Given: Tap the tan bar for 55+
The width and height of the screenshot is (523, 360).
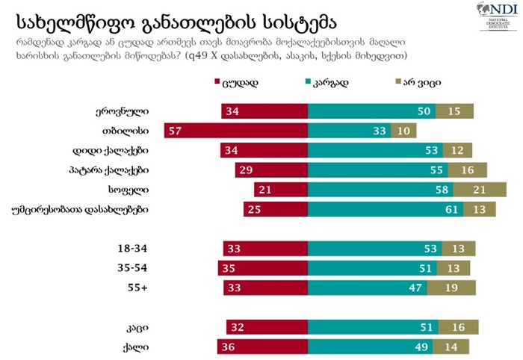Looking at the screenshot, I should (x=455, y=287).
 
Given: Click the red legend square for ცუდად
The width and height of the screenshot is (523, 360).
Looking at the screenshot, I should (x=217, y=82).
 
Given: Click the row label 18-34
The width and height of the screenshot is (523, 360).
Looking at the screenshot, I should (x=131, y=248).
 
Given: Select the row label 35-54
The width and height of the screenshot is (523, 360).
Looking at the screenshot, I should (x=131, y=267).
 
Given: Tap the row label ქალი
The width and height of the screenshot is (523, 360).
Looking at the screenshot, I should (x=136, y=347).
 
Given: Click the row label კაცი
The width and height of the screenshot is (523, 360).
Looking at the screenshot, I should (x=137, y=327).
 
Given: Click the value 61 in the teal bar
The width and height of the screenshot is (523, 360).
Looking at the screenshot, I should (x=451, y=209).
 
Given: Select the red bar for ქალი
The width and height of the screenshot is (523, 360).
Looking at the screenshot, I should (x=262, y=347).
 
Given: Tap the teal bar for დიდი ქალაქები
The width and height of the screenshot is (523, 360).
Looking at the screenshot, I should (x=377, y=150).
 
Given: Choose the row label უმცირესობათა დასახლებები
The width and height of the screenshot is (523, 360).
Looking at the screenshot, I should (x=86, y=209).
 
